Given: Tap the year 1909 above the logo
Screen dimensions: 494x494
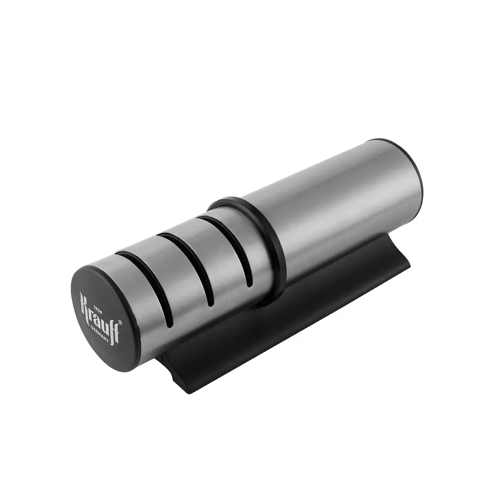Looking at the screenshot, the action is (98, 306).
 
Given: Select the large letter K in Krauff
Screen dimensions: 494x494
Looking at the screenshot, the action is (84, 304).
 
